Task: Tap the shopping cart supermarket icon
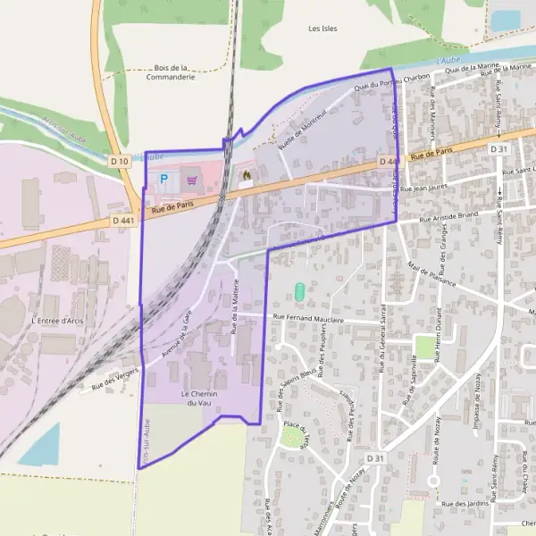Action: pyautogui.click(x=192, y=180)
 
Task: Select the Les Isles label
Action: pyautogui.click(x=322, y=29)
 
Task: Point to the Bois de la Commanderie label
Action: pyautogui.click(x=171, y=71)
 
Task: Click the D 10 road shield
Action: pyautogui.click(x=120, y=161)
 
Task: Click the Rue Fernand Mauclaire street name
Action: pyautogui.click(x=308, y=317)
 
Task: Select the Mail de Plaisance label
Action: pyautogui.click(x=431, y=274)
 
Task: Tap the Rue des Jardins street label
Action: pyautogui.click(x=463, y=504)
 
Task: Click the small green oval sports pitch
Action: pyautogui.click(x=299, y=291)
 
